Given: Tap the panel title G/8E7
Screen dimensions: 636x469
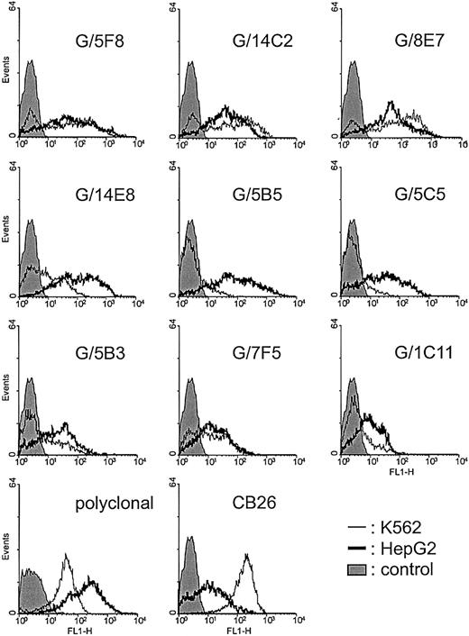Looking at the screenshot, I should [x=409, y=41].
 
